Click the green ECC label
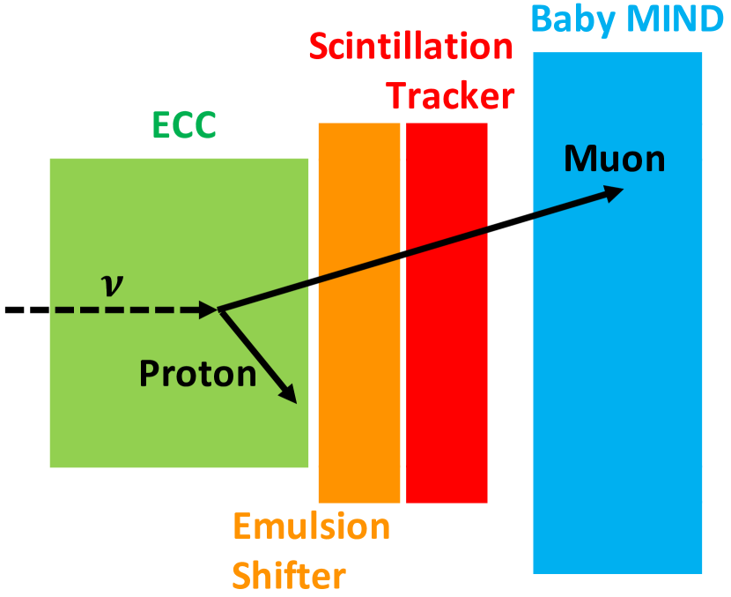[184, 124]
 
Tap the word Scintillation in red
[410, 47]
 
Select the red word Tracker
[452, 96]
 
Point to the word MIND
[675, 19]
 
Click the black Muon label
[615, 159]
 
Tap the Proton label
[197, 374]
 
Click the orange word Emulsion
[312, 526]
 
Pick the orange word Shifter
[289, 576]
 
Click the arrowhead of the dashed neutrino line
[208, 310]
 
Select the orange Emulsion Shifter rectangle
[359, 313]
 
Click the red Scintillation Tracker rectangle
[447, 313]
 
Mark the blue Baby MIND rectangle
[617, 313]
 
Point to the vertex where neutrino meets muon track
[218, 310]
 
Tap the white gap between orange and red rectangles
[402, 313]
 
